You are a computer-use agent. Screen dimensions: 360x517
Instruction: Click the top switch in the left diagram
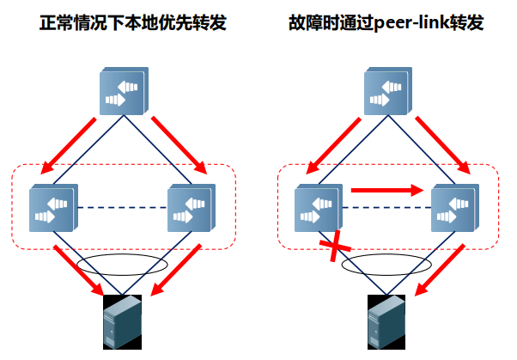[x=123, y=89]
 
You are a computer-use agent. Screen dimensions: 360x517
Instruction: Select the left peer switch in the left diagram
[x=53, y=207]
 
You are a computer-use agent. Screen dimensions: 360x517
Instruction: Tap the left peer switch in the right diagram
[x=319, y=207]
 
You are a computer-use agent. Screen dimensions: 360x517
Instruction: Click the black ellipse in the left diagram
[x=124, y=263]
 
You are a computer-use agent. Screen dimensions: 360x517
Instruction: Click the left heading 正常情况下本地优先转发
[x=124, y=23]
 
